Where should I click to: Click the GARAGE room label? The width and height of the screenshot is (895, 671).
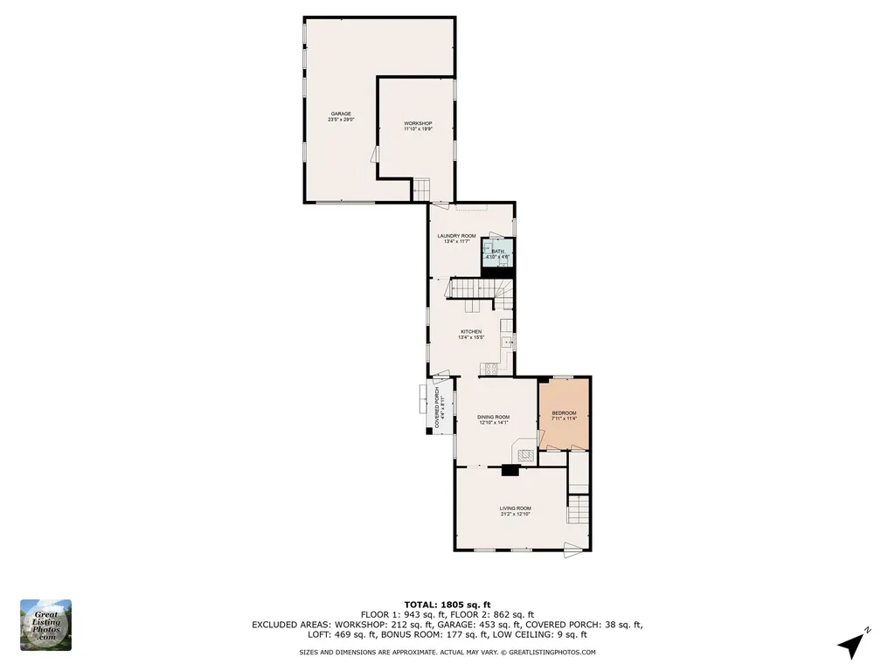click(340, 114)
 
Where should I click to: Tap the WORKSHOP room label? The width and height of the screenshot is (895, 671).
click(418, 124)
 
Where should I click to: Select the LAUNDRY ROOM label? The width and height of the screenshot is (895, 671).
click(456, 236)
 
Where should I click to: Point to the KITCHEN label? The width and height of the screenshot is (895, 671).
click(471, 332)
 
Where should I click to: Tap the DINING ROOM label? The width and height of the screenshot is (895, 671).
click(493, 418)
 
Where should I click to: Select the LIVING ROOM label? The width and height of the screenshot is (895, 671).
click(515, 508)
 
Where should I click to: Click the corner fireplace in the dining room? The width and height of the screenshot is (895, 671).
click(524, 453)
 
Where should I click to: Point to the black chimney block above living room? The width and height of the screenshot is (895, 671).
click(510, 470)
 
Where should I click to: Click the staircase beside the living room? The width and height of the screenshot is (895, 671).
click(579, 509)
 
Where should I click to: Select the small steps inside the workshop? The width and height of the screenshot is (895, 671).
click(422, 188)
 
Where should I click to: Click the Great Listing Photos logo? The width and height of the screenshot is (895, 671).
click(45, 625)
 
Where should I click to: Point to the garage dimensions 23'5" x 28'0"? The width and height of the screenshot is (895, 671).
click(340, 120)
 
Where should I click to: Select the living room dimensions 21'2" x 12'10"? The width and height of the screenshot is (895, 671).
click(515, 514)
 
